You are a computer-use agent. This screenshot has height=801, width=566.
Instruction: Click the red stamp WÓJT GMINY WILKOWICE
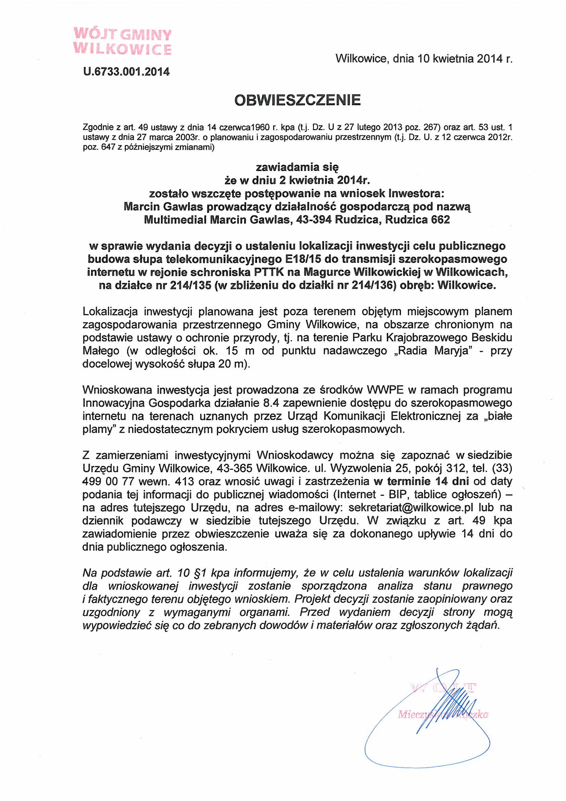[122, 41]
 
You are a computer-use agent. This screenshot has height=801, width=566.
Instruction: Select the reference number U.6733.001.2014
[126, 72]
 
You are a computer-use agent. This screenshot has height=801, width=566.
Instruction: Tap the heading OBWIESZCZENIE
[297, 100]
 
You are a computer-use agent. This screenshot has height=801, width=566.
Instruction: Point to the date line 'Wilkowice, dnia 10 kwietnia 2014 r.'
[424, 59]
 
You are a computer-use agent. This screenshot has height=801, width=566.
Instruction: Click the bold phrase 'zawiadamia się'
[297, 168]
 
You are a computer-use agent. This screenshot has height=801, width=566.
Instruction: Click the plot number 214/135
[190, 286]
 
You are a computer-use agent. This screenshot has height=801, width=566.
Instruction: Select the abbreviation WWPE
[383, 390]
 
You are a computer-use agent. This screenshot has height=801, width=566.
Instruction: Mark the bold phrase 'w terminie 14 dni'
[421, 481]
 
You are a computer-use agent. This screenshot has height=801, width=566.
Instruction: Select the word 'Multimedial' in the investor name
[175, 220]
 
